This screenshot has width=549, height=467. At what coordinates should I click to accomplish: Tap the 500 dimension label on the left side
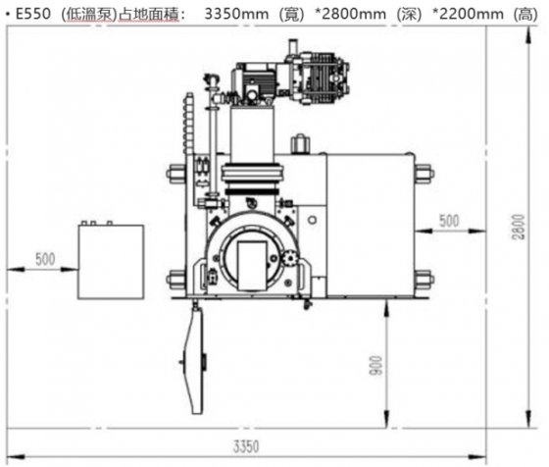click(x=45, y=260)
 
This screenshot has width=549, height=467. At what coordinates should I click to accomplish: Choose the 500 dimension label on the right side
click(x=447, y=222)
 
